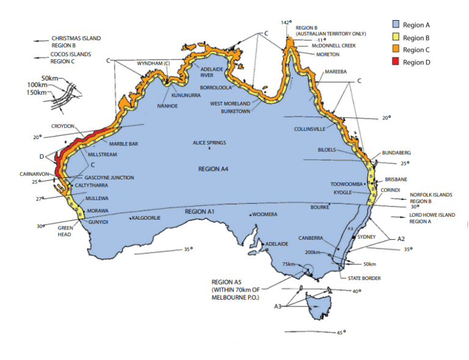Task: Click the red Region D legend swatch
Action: click(x=395, y=62)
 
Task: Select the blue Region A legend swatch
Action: click(x=395, y=24)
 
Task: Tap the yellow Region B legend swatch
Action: click(x=395, y=37)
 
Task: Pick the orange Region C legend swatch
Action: click(x=395, y=50)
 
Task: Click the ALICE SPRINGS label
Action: click(x=209, y=143)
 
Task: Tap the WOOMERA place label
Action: click(x=265, y=214)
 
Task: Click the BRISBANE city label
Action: click(x=396, y=180)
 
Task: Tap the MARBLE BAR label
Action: click(x=124, y=143)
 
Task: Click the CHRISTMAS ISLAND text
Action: click(x=76, y=38)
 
